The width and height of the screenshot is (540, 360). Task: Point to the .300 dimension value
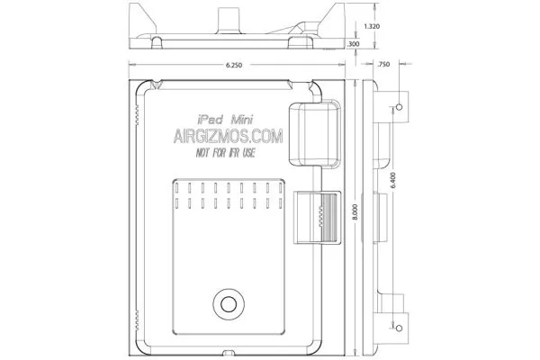point(354,43)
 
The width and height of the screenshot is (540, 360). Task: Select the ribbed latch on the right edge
point(318,218)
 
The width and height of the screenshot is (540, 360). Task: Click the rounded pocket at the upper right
point(315,133)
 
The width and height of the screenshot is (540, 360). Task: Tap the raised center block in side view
point(383,216)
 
